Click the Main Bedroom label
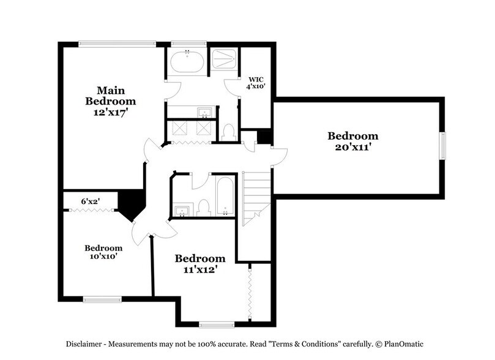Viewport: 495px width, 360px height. click(111, 96)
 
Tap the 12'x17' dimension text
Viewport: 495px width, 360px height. click(111, 113)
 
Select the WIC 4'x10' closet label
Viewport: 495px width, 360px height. click(256, 83)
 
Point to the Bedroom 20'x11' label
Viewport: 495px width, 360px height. click(352, 141)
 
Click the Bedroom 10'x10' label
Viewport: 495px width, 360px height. click(103, 252)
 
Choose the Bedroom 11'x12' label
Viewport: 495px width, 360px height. click(200, 264)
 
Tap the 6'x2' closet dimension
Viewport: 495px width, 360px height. click(91, 201)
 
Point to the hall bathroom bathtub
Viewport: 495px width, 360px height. click(225, 197)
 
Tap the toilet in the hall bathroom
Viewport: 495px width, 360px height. click(204, 208)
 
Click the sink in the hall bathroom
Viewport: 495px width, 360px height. click(182, 211)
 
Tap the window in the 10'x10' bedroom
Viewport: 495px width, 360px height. click(102, 299)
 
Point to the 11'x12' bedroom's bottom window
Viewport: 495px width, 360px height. click(217, 324)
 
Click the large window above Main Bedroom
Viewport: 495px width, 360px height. click(117, 43)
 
